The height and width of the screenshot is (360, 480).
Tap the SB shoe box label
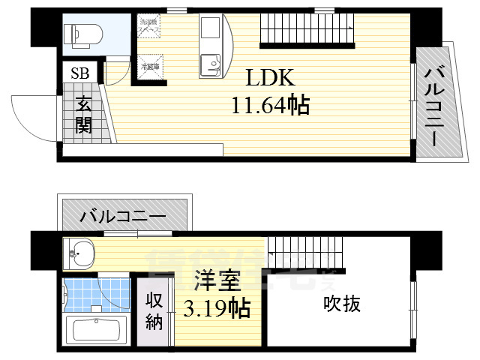click(79, 73)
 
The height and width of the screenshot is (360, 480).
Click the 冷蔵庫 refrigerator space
click(150, 66)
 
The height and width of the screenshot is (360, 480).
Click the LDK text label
click(271, 79)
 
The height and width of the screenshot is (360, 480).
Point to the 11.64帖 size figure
click(271, 106)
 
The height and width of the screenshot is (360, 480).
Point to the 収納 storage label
click(154, 310)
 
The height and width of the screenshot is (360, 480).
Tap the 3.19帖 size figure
click(217, 307)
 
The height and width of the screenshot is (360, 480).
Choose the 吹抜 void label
click(342, 304)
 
